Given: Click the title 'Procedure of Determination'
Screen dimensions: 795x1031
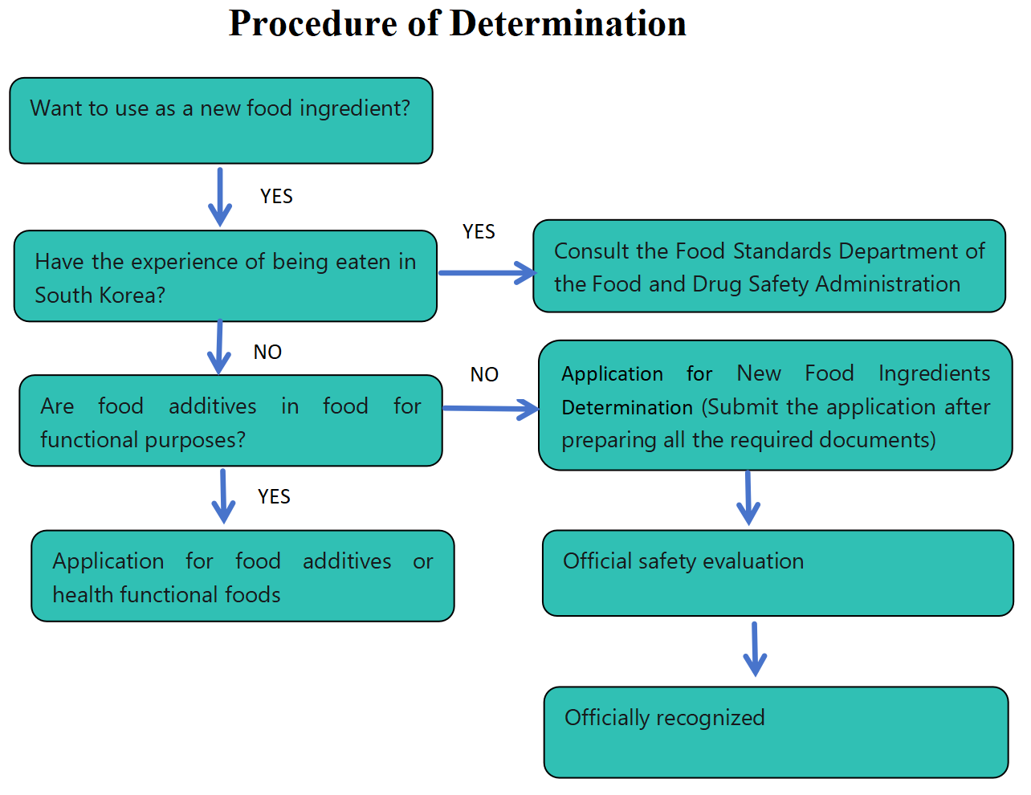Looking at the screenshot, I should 457,23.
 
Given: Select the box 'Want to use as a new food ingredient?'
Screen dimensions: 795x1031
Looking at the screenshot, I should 221,120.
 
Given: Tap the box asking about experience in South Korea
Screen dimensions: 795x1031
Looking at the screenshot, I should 225,276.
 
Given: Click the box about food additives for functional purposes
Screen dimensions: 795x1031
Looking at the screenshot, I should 230,421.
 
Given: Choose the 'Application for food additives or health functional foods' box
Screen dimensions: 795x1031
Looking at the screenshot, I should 242,576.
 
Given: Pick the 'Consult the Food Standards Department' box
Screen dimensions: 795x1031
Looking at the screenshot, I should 768,266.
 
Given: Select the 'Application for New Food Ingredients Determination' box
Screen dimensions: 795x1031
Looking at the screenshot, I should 775,406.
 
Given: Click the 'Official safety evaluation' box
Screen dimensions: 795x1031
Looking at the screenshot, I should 777,573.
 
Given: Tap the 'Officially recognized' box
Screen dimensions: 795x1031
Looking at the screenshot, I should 776,732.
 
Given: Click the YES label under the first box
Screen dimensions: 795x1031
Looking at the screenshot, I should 276,197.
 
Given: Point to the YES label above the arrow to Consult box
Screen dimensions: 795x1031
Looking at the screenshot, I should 479,232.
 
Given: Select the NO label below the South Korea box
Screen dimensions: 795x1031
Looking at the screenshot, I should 267,353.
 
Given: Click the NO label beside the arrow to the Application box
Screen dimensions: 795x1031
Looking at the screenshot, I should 484,375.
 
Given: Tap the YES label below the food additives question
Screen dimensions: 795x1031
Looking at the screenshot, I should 274,497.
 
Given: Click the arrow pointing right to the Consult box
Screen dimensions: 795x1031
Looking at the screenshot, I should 487,273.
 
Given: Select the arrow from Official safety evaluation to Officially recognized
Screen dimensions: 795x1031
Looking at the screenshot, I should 755,649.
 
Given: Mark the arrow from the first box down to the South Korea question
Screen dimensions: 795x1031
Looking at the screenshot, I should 219,197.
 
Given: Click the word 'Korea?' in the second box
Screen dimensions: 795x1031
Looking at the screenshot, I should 133,296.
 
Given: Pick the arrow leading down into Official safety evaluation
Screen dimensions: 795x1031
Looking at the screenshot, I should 748,498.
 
